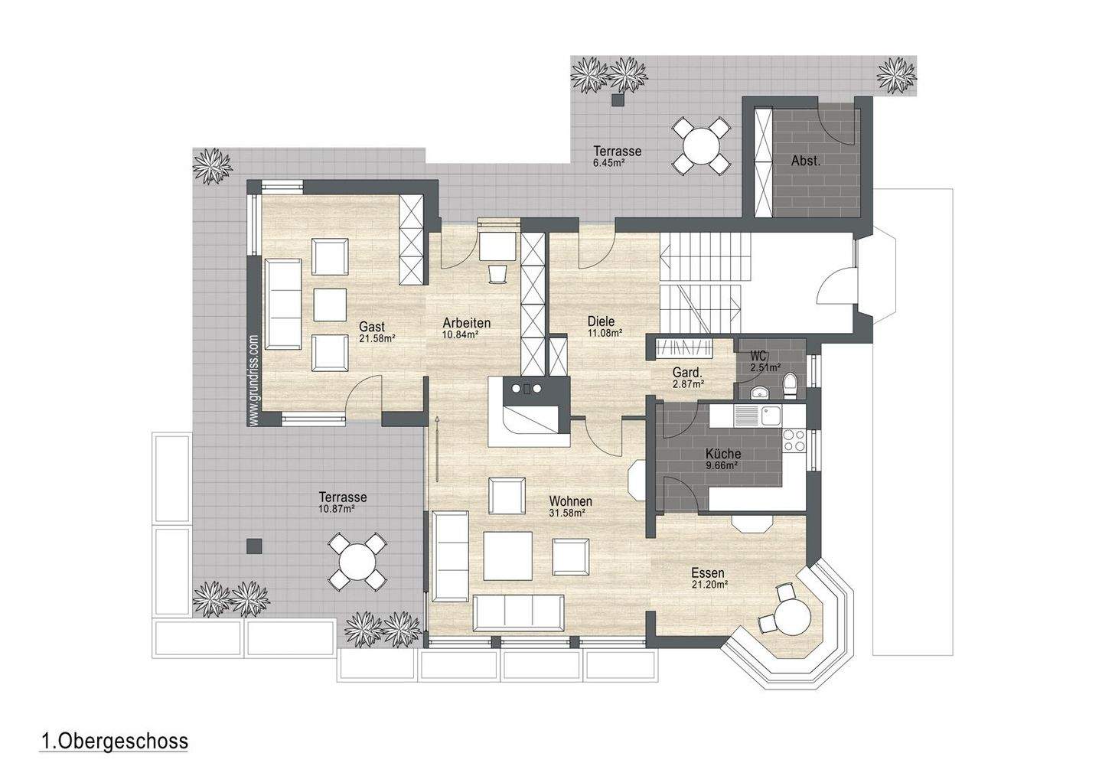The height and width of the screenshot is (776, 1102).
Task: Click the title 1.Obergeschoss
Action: coord(113,742)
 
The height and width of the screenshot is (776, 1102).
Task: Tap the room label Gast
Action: coord(371,327)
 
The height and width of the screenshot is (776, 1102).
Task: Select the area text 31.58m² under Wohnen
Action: coord(567,514)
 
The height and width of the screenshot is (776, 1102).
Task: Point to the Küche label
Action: coord(722,454)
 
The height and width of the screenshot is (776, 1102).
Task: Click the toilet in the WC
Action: coord(790,386)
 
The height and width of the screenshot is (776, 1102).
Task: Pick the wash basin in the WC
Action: coord(759,393)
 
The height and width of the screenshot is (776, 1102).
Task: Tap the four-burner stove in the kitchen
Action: coord(794,440)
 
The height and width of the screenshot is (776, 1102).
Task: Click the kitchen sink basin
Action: coord(771,416)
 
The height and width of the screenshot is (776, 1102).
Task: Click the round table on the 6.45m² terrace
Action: coord(702,145)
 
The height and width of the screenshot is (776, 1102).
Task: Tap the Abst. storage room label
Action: coord(806,161)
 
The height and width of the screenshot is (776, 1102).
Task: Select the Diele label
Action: coord(601,321)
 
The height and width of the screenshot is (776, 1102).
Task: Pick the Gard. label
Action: coord(687,373)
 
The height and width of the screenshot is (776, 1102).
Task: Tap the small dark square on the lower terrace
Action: coord(254,546)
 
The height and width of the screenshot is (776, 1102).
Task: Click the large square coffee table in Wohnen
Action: coord(507,556)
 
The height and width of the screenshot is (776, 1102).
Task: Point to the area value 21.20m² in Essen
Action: coord(709,585)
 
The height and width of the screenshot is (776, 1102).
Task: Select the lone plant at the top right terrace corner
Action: coord(897,76)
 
